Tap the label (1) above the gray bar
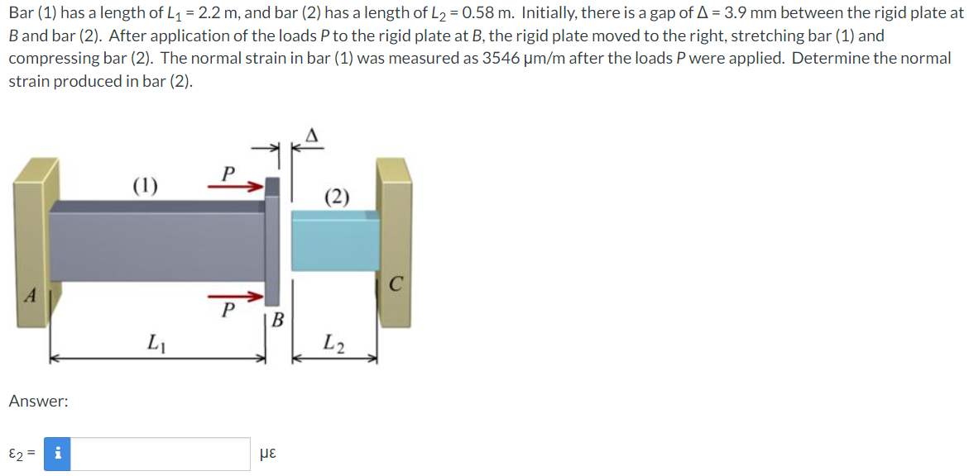(x=146, y=184)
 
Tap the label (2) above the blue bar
(x=337, y=197)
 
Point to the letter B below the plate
(x=278, y=319)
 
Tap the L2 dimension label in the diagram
(x=334, y=340)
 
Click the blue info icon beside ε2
(x=56, y=454)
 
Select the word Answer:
(x=38, y=401)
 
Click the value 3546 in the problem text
(x=502, y=59)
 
